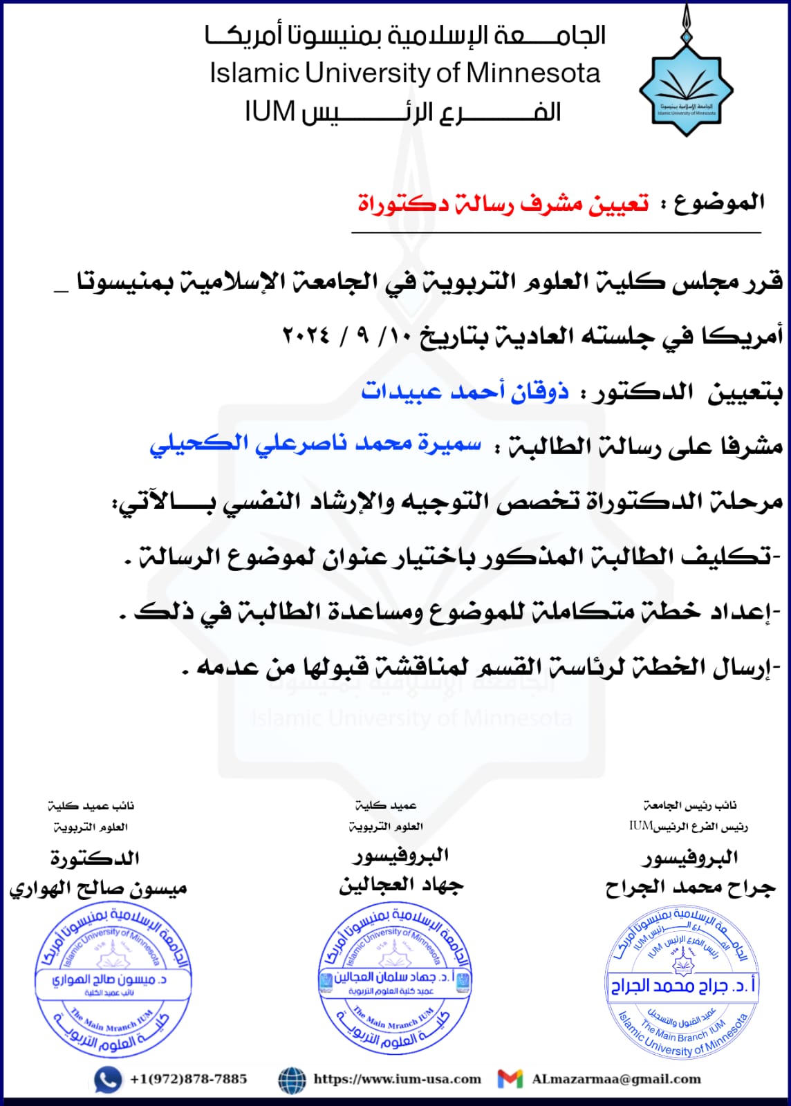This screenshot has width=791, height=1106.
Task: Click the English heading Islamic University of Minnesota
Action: (404, 73)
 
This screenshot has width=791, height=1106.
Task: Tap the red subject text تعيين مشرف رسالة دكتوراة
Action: (503, 204)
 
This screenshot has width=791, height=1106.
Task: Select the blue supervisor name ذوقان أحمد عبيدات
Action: (465, 392)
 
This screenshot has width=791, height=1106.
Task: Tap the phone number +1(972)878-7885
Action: (188, 1079)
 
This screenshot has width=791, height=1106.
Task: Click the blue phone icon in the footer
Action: (107, 1080)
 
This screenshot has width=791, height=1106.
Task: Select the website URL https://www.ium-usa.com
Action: (397, 1079)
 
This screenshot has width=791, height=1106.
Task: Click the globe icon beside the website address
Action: (292, 1080)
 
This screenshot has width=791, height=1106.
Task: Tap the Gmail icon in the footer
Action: (510, 1079)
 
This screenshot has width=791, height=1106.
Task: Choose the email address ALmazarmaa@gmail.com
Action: (616, 1079)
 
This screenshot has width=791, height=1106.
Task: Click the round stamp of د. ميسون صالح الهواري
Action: (113, 980)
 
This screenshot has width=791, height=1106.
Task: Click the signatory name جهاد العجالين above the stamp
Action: (401, 885)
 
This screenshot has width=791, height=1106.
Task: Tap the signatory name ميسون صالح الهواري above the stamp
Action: (98, 889)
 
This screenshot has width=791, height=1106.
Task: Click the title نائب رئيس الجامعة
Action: (689, 805)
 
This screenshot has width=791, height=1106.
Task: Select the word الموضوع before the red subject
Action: (719, 203)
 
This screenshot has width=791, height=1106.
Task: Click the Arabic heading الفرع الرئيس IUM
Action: (402, 112)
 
